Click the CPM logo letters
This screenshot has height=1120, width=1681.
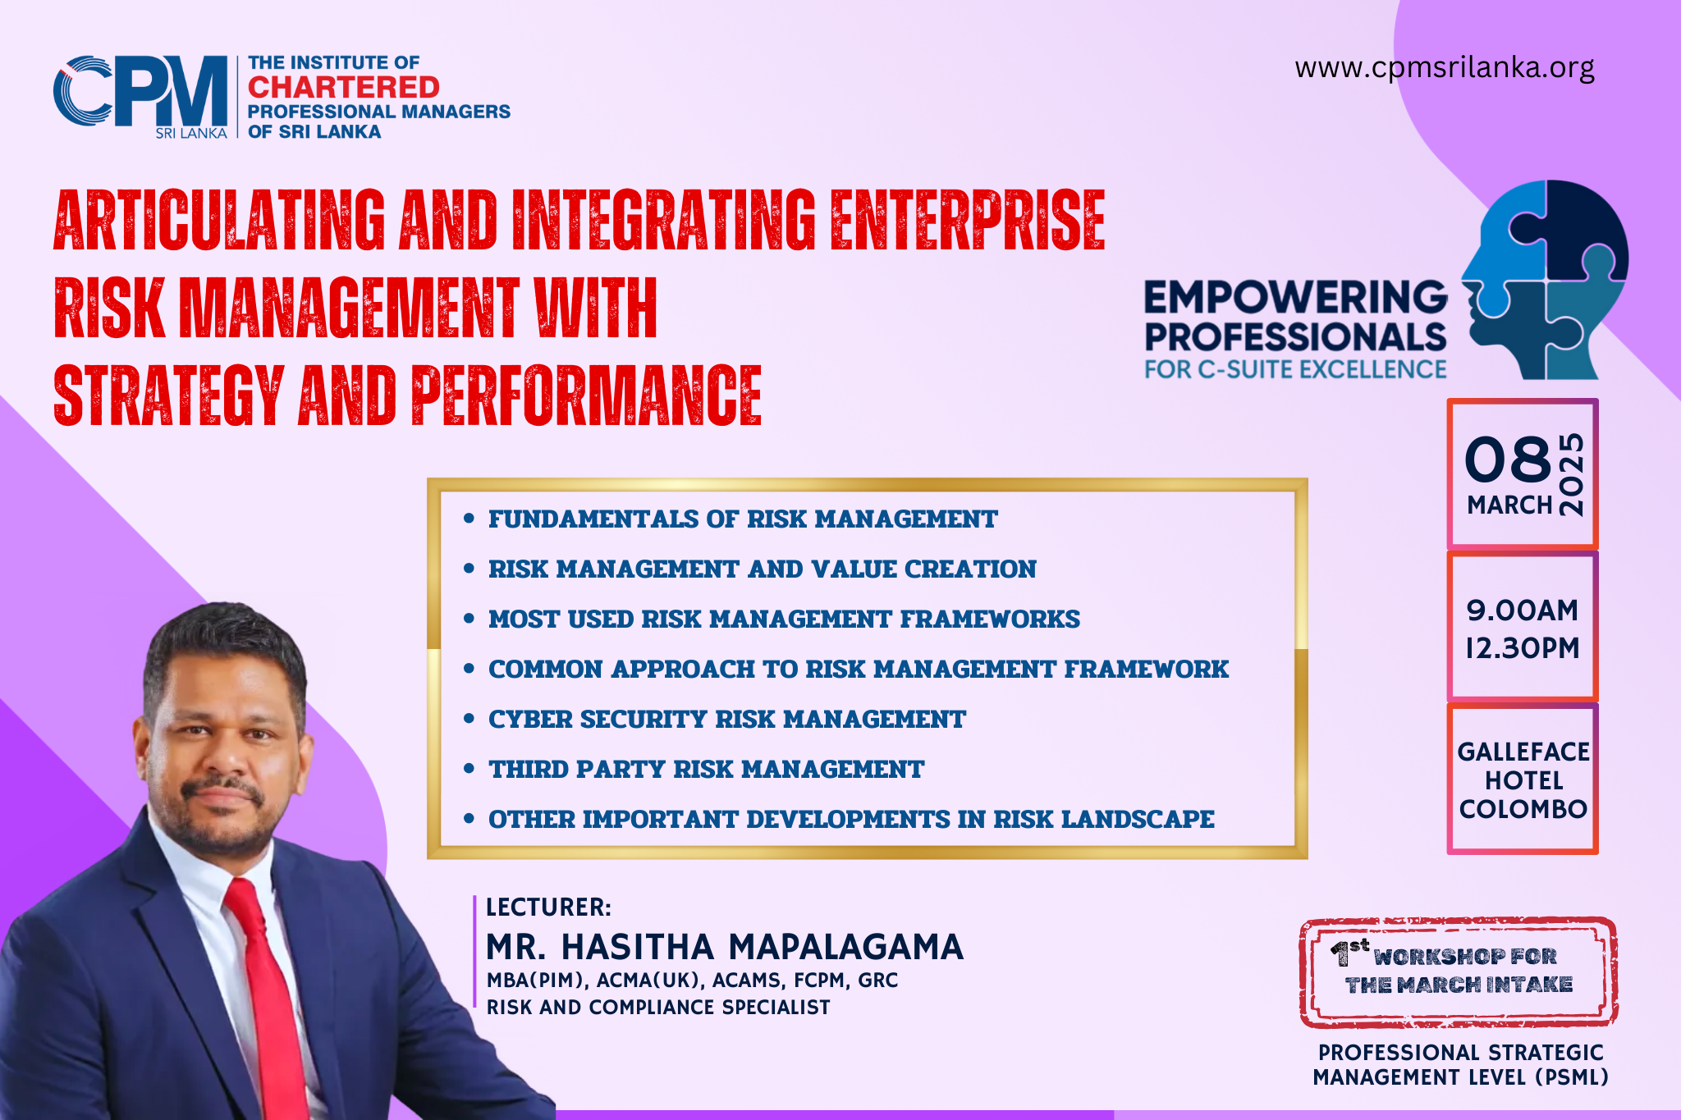[x=140, y=91]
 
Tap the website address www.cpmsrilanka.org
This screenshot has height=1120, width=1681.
[x=1445, y=67]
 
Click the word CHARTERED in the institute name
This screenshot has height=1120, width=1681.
[x=344, y=87]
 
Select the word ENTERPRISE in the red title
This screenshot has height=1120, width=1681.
[x=968, y=219]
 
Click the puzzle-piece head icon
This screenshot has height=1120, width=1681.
[x=1544, y=280]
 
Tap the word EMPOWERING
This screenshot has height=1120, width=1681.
[x=1296, y=297]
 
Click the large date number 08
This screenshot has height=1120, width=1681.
[x=1508, y=459]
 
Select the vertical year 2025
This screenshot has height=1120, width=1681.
[x=1571, y=474]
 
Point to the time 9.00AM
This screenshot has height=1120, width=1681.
[x=1523, y=610]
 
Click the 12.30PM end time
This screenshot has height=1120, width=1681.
[x=1523, y=648]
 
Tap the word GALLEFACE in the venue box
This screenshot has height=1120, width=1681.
[x=1523, y=752]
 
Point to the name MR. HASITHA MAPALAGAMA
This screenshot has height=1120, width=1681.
[x=725, y=947]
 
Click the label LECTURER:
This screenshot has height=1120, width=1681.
[x=548, y=907]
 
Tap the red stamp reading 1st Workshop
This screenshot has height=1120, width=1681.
[x=1459, y=972]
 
